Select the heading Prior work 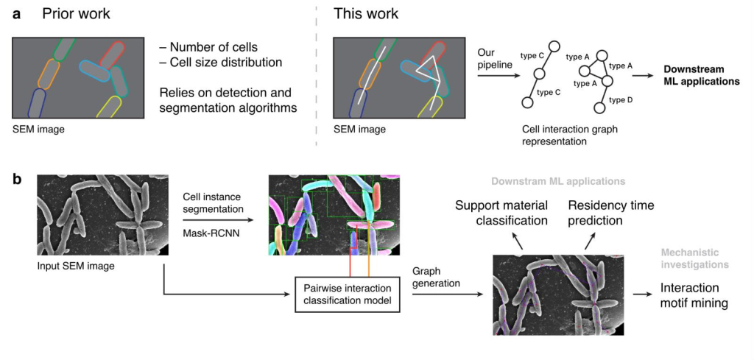point(76,14)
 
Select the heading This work point(366,14)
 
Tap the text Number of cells point(209,48)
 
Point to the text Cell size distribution point(221,63)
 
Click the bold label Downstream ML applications point(701,75)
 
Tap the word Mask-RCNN point(208,232)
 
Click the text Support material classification point(501,213)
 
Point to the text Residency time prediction point(610,213)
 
